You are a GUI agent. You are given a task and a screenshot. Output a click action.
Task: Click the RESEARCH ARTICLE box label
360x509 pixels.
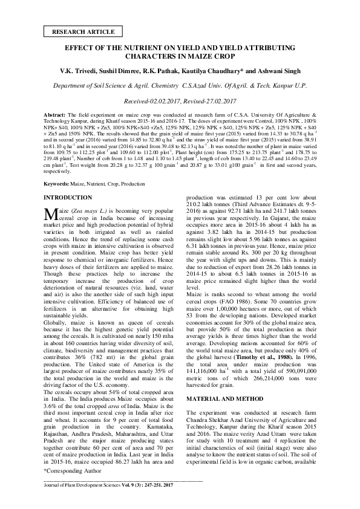point(79,30)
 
